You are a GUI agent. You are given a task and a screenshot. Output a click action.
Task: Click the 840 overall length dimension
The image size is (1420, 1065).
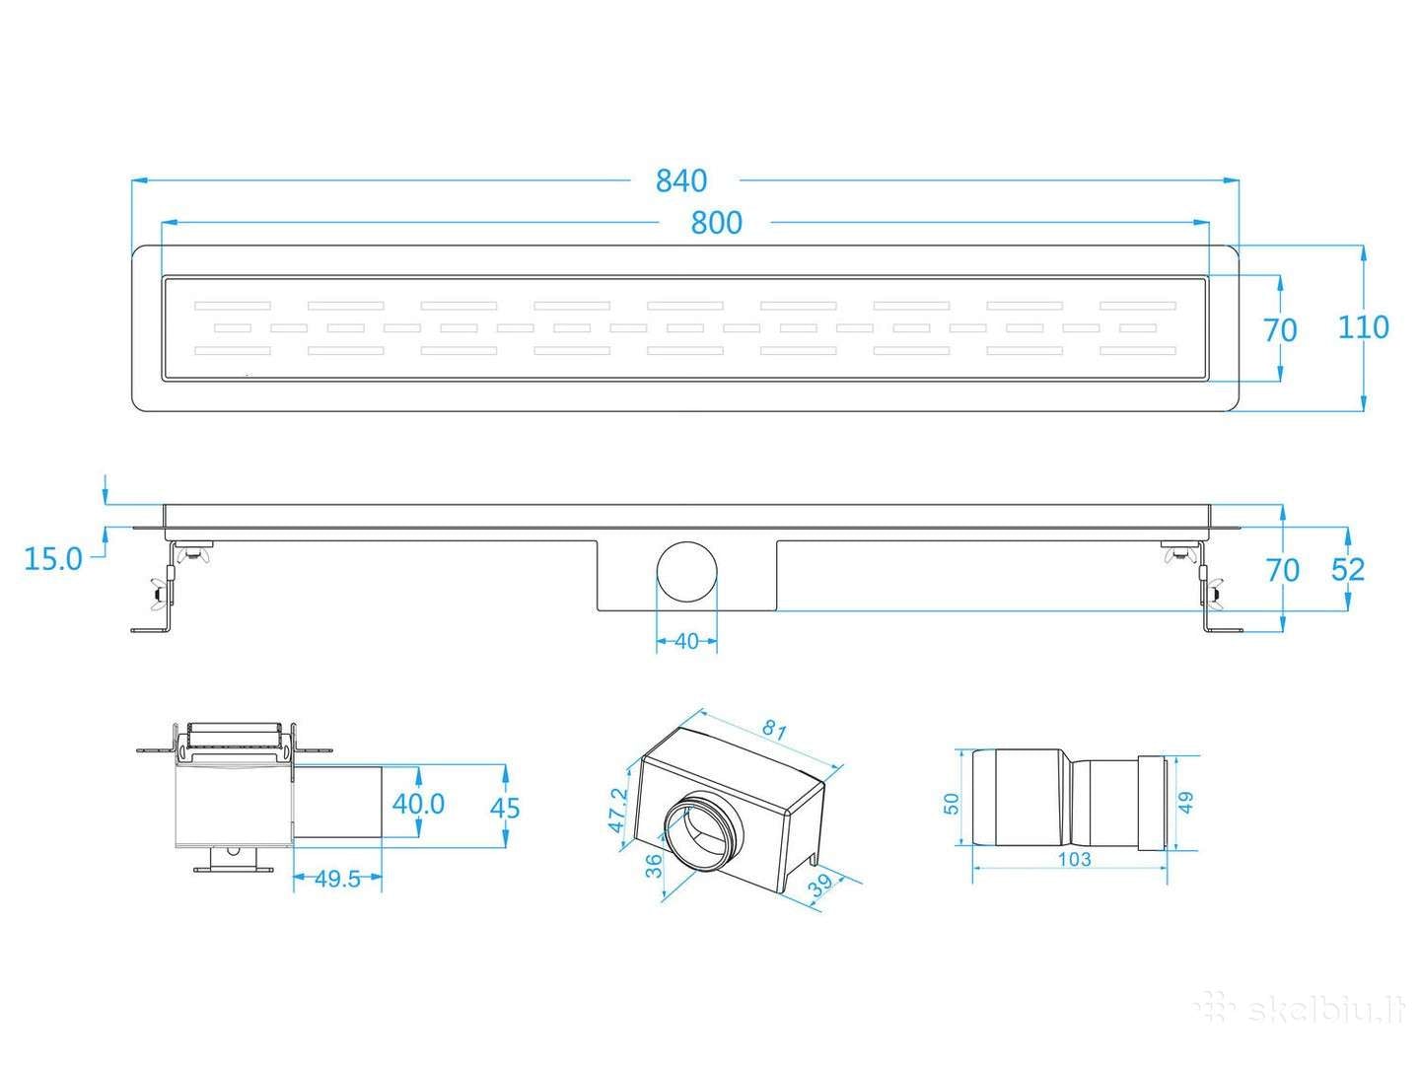tap(681, 180)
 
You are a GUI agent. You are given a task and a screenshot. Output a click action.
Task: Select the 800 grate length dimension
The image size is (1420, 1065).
tap(716, 223)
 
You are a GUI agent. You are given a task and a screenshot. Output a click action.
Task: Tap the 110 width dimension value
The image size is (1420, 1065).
tap(1364, 326)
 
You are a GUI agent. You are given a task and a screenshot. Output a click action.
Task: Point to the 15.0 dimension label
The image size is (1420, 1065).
tap(53, 559)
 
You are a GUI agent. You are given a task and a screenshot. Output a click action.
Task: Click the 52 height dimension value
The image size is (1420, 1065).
tap(1348, 569)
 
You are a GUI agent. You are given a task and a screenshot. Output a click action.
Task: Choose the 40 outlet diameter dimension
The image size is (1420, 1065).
tap(686, 641)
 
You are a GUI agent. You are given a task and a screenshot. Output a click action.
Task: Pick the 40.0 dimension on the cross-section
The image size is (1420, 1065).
tap(419, 804)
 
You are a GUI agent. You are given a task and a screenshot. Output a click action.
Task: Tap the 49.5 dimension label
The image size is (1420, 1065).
tap(338, 880)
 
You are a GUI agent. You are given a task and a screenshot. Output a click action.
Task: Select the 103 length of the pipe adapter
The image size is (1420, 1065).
tap(1073, 859)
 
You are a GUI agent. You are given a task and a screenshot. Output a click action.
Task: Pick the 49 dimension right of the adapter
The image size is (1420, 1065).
tap(1188, 805)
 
